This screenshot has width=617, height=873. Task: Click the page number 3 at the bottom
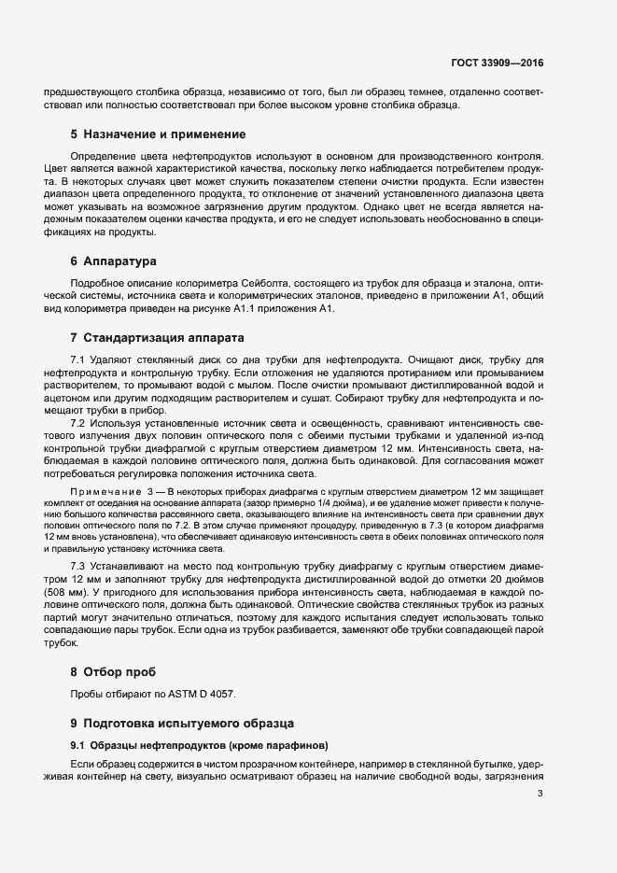coord(540,794)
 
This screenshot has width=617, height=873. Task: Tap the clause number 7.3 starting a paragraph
coord(78,564)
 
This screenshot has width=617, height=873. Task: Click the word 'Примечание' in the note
coord(103,491)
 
